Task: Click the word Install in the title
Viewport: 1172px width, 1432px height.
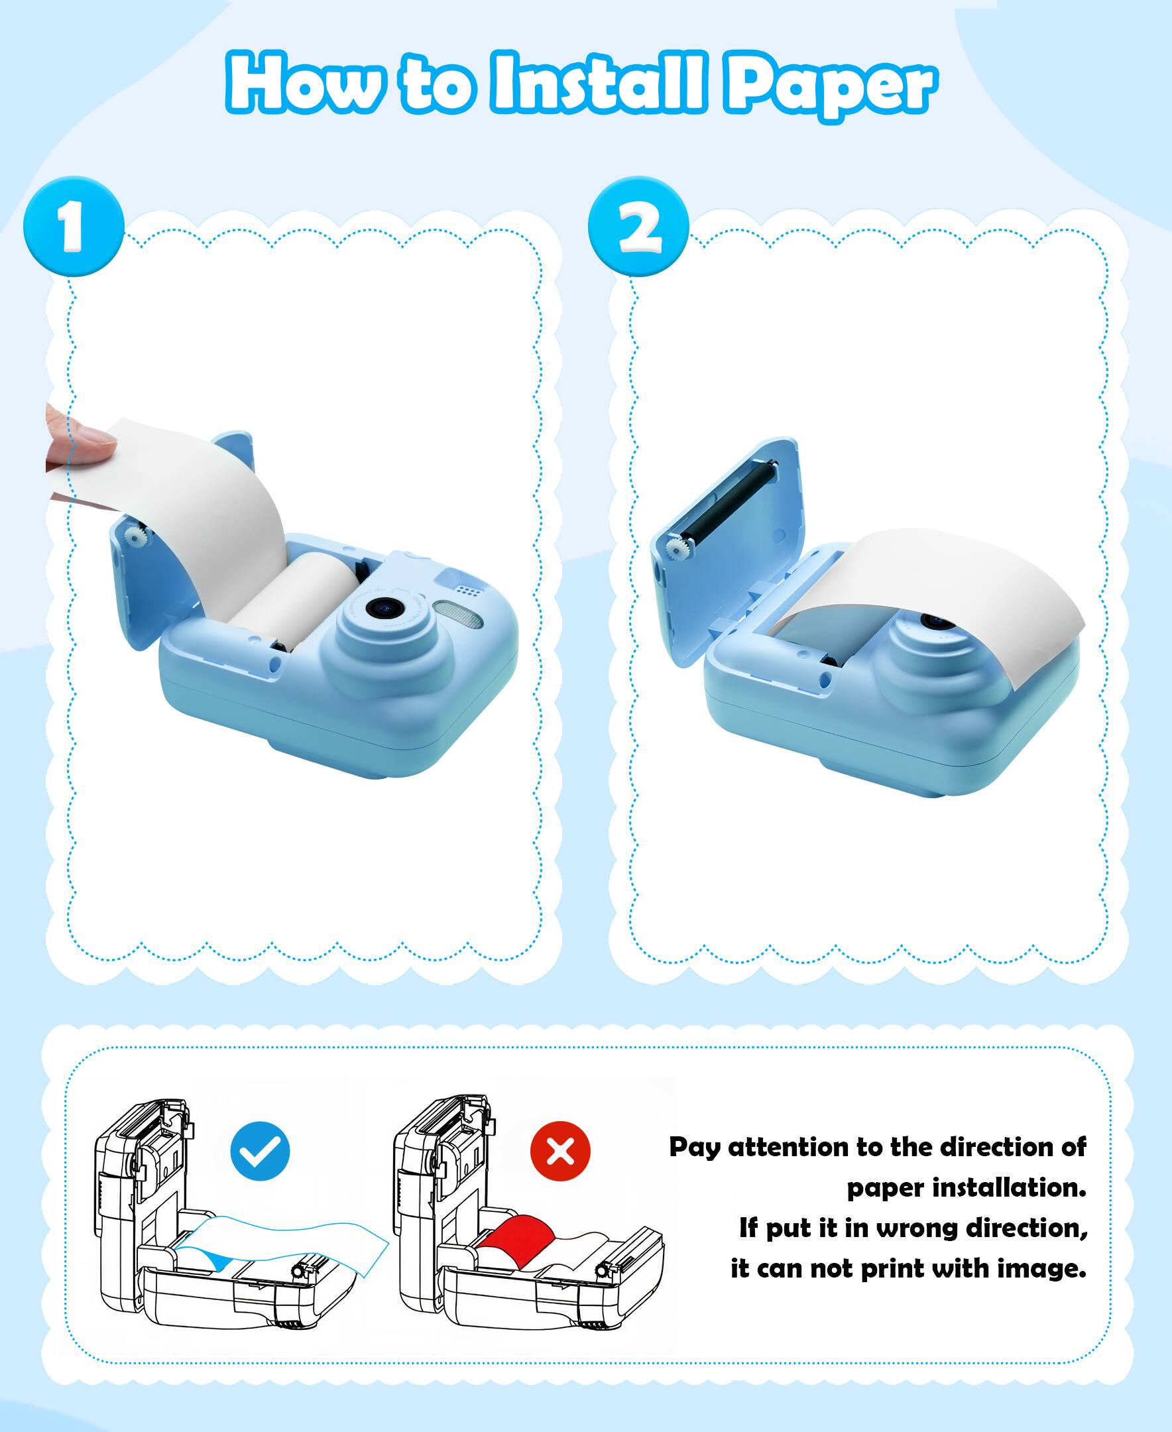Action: pos(600,82)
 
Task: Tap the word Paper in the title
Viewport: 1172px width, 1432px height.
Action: pos(831,88)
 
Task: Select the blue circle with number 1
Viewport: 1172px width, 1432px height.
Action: pos(74,226)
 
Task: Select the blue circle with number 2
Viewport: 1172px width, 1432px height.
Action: pos(638,226)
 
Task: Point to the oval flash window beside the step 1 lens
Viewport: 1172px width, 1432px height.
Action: pos(459,613)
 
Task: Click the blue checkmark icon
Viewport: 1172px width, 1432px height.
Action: pos(260,1152)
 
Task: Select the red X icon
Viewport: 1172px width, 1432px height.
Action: pos(560,1152)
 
